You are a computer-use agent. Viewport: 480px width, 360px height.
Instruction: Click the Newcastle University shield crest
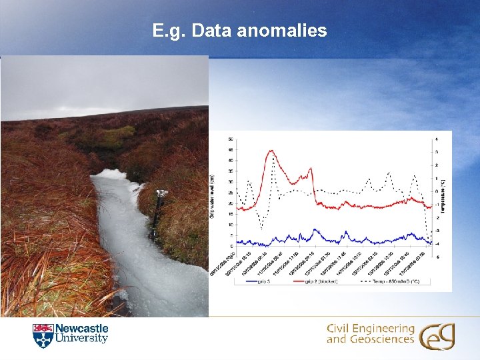coord(42,335)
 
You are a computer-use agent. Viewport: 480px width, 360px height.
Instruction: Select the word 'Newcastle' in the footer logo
coord(81,329)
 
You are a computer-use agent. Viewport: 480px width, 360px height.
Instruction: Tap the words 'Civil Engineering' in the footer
coord(370,329)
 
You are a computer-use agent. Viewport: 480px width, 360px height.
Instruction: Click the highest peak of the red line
coord(271,151)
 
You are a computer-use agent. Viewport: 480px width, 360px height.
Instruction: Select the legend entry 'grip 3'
coord(253,281)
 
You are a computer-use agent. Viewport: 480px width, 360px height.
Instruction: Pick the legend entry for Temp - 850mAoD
coord(393,281)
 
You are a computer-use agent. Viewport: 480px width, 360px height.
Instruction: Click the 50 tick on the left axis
coord(231,139)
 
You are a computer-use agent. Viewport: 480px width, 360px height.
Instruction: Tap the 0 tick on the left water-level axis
coord(232,246)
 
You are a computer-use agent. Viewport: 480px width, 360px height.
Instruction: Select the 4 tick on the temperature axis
coord(436,139)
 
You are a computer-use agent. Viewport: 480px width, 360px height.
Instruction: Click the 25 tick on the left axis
coord(231,193)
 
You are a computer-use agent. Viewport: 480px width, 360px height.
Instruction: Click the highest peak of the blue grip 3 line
coord(315,230)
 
